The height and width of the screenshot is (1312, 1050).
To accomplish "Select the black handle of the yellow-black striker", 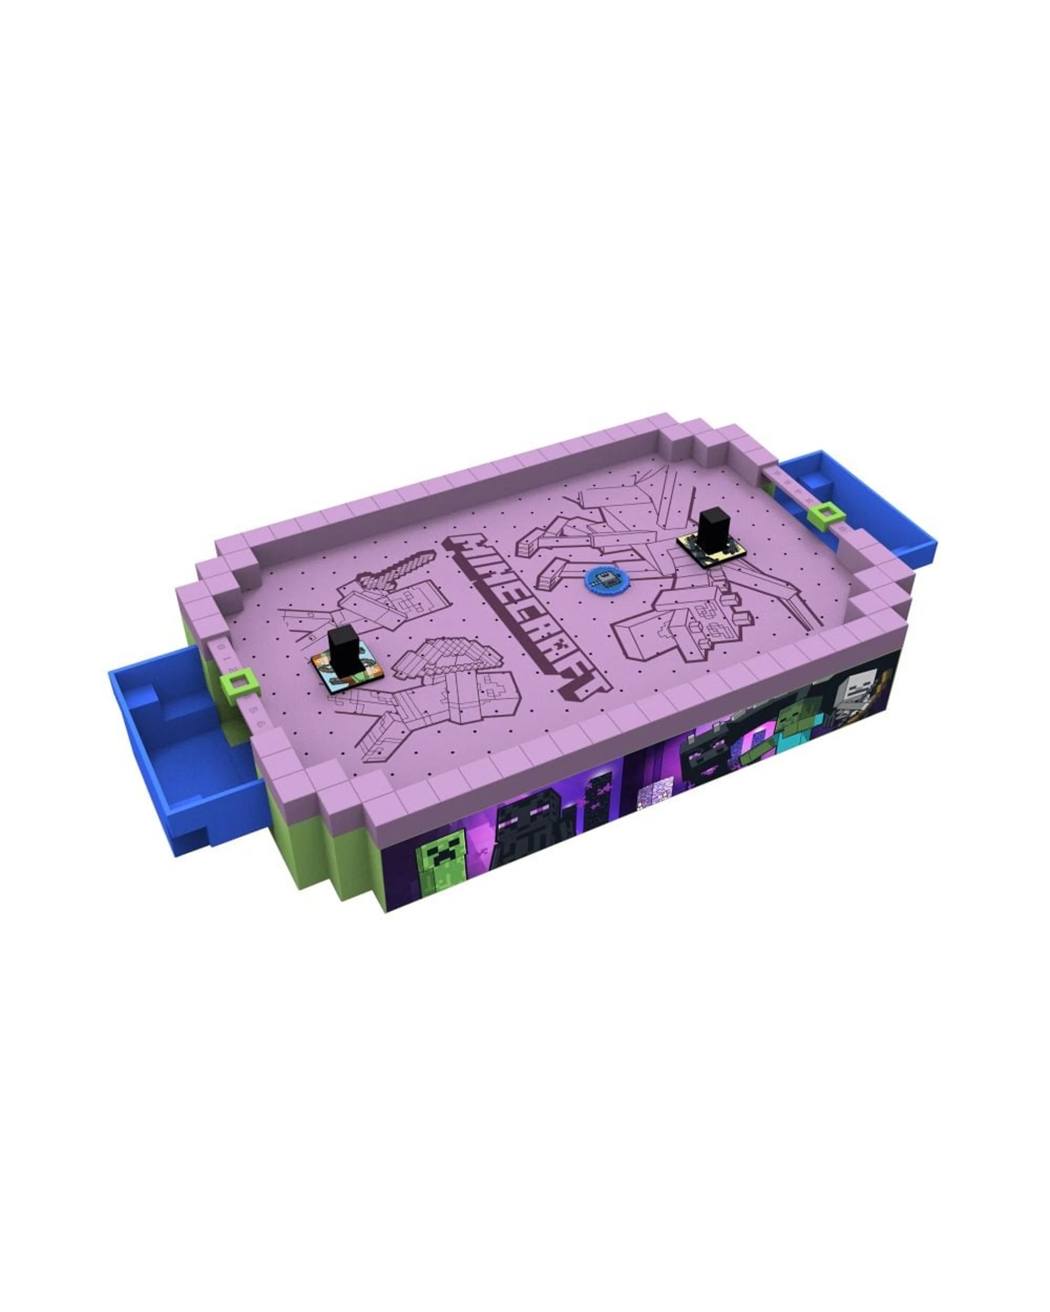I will click(710, 531).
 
